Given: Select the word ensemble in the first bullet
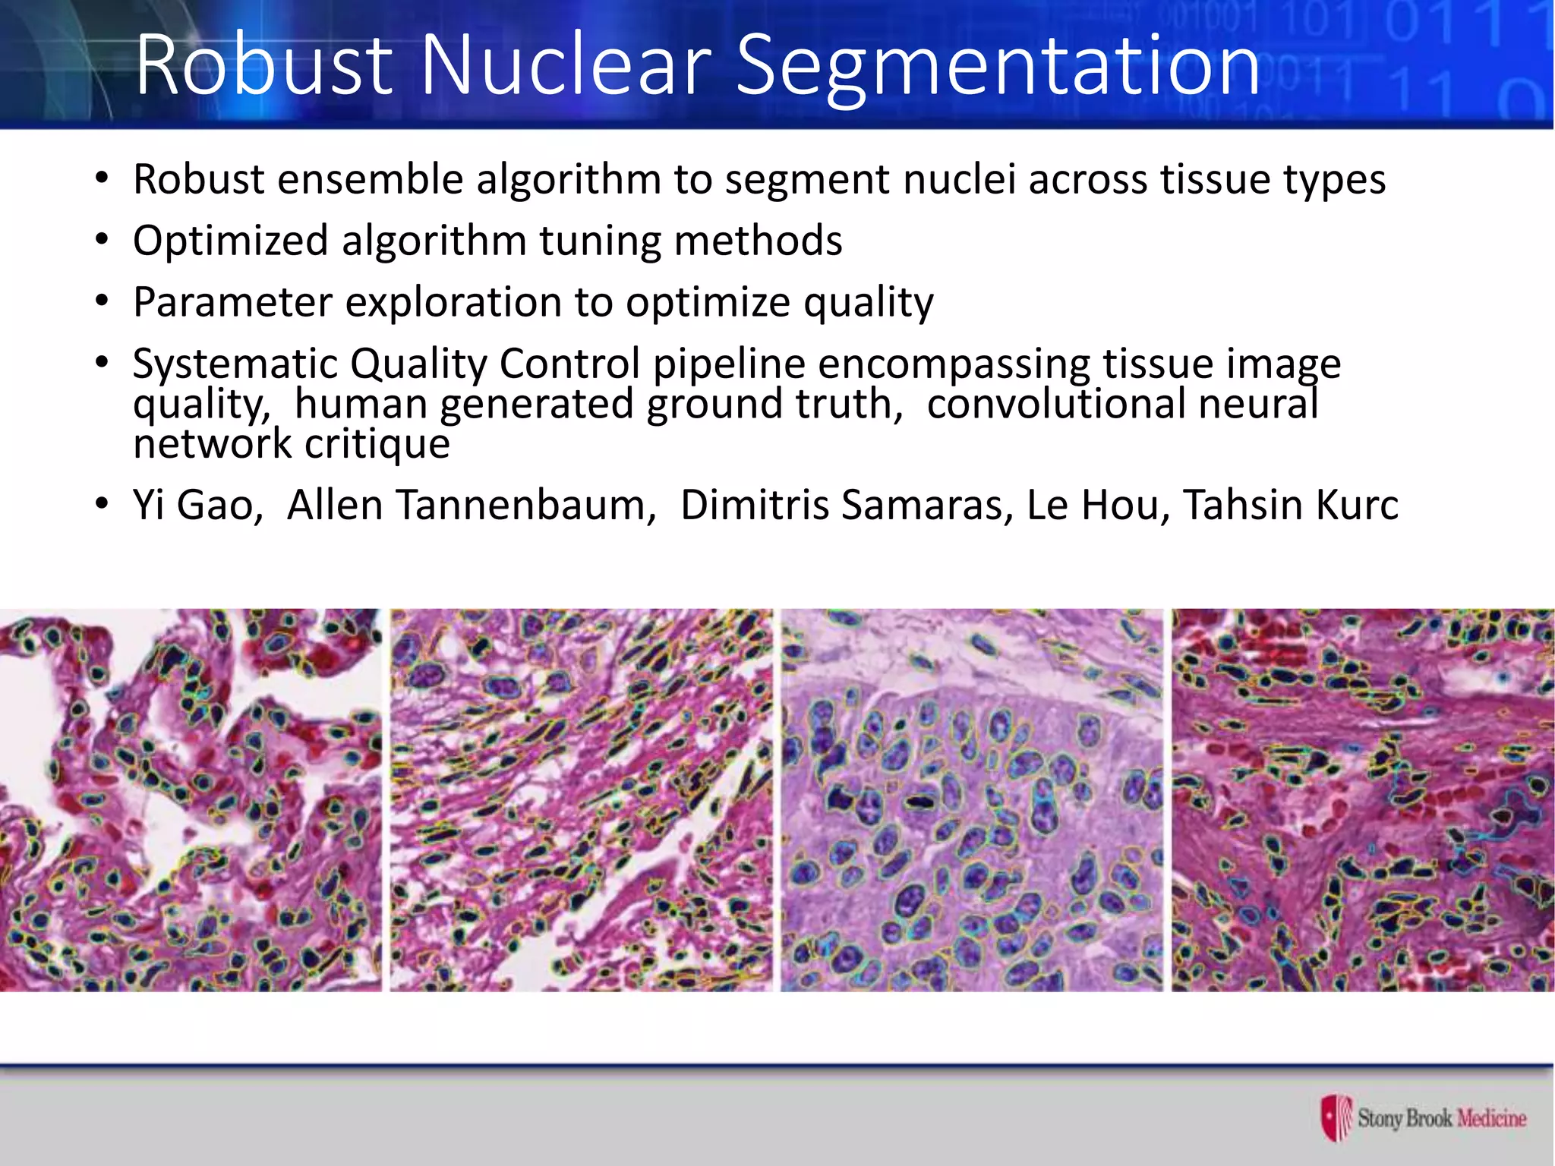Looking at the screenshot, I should pyautogui.click(x=371, y=180).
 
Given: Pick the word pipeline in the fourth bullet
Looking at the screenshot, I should pyautogui.click(x=729, y=364).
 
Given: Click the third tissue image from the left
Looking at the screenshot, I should pyautogui.click(x=972, y=799).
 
